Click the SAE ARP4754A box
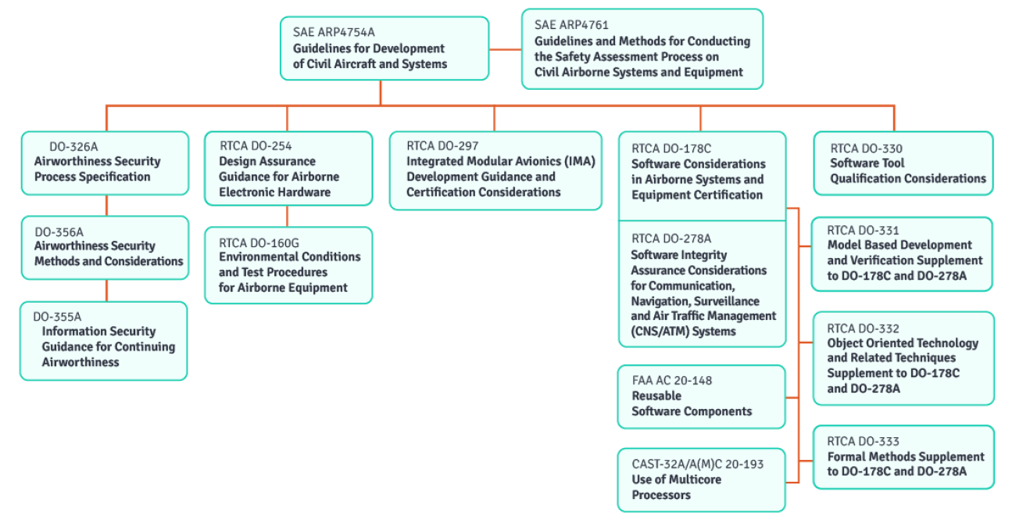point(384,48)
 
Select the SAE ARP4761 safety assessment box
point(642,48)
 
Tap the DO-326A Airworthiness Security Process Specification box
point(105,163)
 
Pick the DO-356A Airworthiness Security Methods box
point(105,247)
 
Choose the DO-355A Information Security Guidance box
point(104,341)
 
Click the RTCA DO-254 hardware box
point(288,168)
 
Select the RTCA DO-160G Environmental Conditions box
point(288,265)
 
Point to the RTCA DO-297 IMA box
point(495,170)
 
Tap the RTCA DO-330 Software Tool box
point(903,163)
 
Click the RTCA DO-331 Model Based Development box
point(903,253)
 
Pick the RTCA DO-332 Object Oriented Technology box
point(903,358)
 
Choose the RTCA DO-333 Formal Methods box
point(903,457)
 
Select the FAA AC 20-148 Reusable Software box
point(701,397)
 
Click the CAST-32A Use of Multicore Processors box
point(701,479)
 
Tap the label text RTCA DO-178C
point(671,149)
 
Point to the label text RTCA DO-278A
point(671,239)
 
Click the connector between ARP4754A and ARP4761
point(505,48)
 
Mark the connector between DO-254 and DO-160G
point(288,216)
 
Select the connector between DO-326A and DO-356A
point(106,205)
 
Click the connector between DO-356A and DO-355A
point(106,290)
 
